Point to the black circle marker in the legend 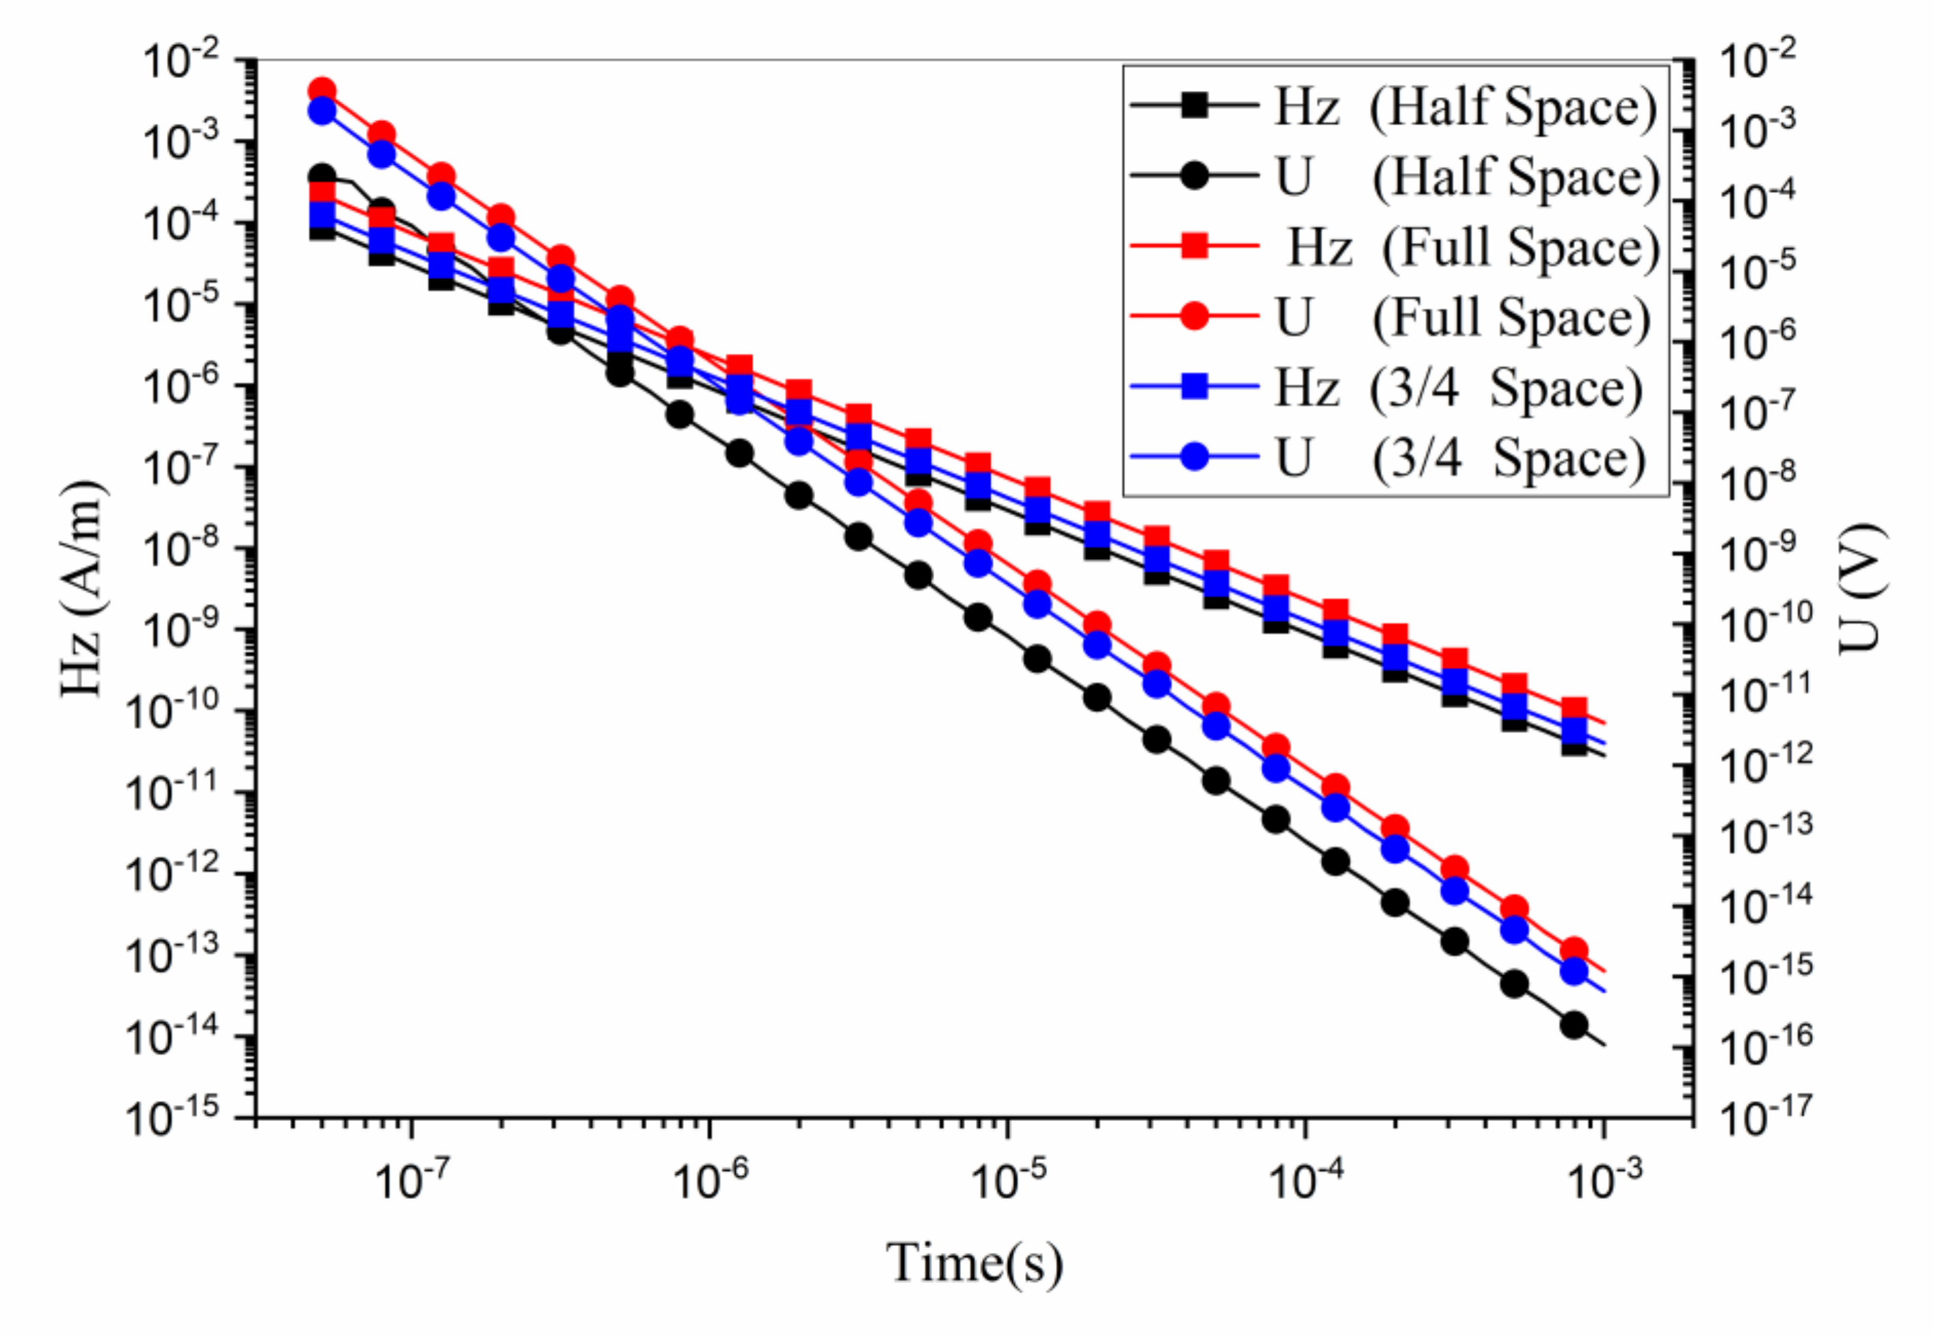tap(1195, 176)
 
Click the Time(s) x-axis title tap(975, 1263)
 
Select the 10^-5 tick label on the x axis tap(1007, 1180)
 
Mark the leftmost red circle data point tap(321, 90)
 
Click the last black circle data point tap(1574, 1025)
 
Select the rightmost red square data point tap(1574, 709)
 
